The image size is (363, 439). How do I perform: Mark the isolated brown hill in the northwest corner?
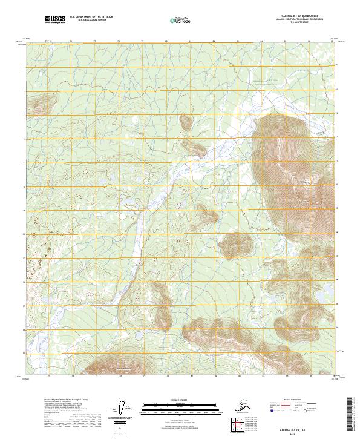click(41, 106)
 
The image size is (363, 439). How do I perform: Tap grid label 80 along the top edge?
click(166, 42)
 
